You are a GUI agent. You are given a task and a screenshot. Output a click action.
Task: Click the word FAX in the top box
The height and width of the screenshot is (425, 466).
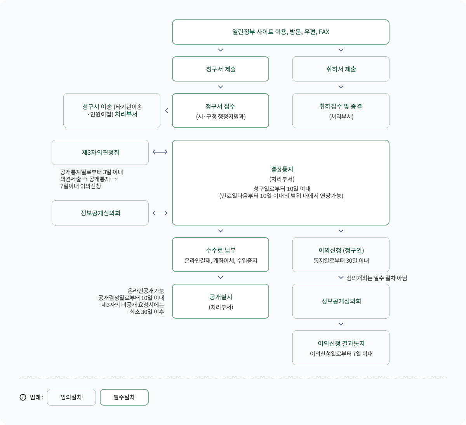pos(324,32)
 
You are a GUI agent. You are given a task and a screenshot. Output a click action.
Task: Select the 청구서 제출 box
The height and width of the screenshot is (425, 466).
pos(221,69)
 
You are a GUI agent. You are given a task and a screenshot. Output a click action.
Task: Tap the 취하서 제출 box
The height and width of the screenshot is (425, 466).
pos(341,69)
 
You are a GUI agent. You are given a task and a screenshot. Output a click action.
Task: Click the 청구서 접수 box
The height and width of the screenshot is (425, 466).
pos(221,111)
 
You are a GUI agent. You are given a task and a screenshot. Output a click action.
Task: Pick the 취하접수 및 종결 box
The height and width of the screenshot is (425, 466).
pos(341,111)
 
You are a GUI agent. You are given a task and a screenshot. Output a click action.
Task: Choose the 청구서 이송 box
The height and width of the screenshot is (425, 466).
pos(112,111)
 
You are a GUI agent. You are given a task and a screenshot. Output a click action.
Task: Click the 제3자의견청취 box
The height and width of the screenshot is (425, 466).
pos(100,153)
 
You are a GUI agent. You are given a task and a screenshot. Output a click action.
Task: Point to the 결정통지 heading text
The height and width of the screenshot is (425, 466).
pos(282,169)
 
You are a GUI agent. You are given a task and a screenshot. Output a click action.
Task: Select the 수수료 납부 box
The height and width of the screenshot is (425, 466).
pos(221,255)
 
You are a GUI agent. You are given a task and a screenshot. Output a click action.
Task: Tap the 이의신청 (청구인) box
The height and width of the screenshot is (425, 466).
pos(341,255)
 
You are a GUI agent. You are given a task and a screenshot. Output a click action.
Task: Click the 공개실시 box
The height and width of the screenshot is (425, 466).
pos(221,301)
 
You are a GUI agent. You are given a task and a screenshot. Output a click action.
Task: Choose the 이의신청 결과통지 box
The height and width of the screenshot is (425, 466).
pos(341,348)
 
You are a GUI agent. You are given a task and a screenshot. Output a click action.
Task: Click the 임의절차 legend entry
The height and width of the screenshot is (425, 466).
pos(71,397)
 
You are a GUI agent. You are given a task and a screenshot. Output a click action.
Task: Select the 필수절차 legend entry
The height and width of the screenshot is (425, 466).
pos(124,397)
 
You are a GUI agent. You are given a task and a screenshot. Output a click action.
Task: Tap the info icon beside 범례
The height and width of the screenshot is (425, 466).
pos(23,397)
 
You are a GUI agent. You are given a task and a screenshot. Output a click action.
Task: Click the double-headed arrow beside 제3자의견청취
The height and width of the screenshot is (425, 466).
pos(160,153)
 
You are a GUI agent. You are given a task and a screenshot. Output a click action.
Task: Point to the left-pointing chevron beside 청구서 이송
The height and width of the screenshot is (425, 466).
pos(166,111)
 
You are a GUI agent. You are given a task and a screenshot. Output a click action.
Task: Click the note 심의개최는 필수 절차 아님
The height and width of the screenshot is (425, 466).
pos(377,278)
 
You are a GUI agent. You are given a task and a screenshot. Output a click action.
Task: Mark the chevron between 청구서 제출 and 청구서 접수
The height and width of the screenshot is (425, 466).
pos(221,87)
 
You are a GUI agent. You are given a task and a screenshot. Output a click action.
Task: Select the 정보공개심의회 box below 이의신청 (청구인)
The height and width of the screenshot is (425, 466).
pos(341,301)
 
